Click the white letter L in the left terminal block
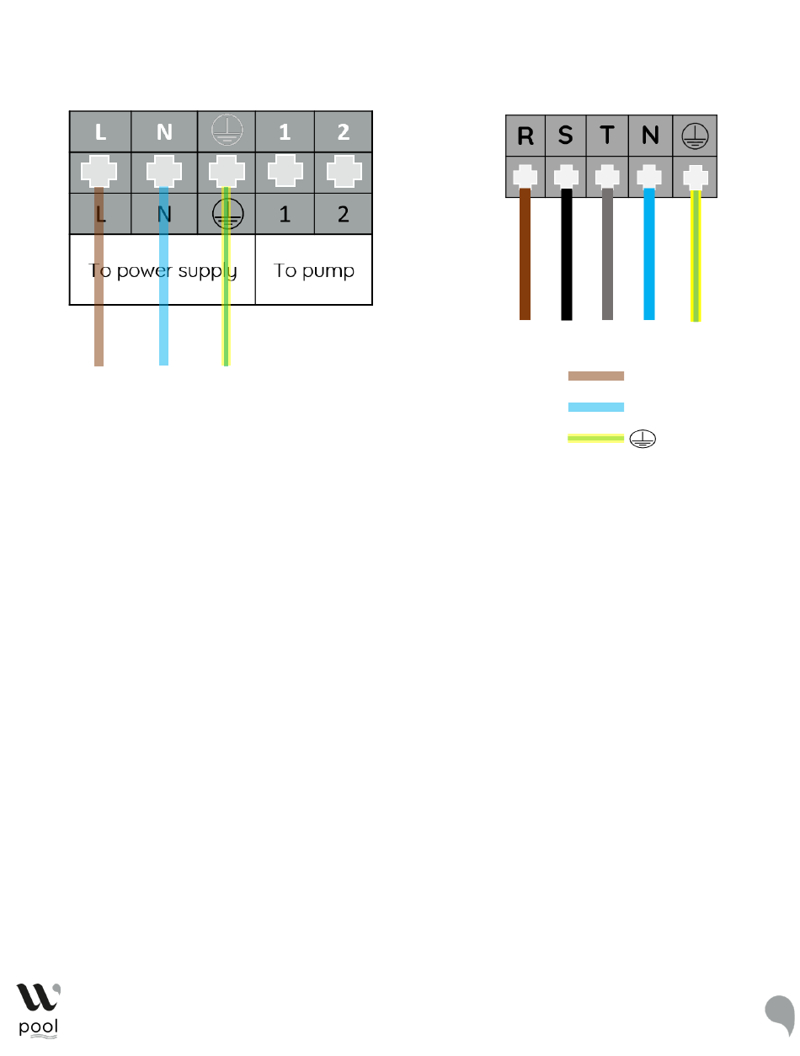click(100, 131)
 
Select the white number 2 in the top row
click(343, 131)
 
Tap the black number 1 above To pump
click(285, 214)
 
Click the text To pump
click(313, 270)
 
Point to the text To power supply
click(163, 270)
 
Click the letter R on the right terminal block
click(525, 136)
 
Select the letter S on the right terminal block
click(565, 135)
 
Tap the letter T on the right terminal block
click(606, 135)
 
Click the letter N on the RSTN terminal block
click(650, 135)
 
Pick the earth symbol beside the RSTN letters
click(695, 136)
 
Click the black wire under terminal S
click(567, 254)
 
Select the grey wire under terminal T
click(607, 254)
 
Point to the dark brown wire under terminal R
click(525, 254)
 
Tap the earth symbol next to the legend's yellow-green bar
click(643, 438)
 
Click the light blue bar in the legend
click(596, 407)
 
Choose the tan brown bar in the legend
click(596, 376)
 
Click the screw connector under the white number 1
click(285, 171)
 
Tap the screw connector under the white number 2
click(344, 171)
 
